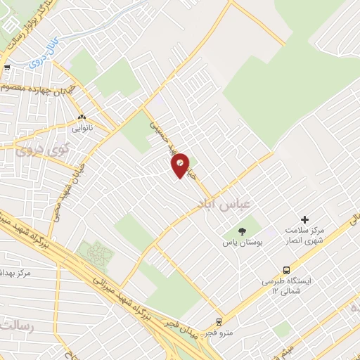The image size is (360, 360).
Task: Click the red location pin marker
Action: (x=181, y=165)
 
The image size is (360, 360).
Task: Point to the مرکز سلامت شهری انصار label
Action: (x=304, y=235)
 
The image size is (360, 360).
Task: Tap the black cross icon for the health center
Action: (x=304, y=220)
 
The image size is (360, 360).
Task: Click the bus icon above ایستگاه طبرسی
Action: (x=285, y=270)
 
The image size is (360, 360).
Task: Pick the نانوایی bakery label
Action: (x=81, y=129)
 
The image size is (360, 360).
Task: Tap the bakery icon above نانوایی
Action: (x=82, y=118)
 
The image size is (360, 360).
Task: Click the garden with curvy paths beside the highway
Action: (x=96, y=254)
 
